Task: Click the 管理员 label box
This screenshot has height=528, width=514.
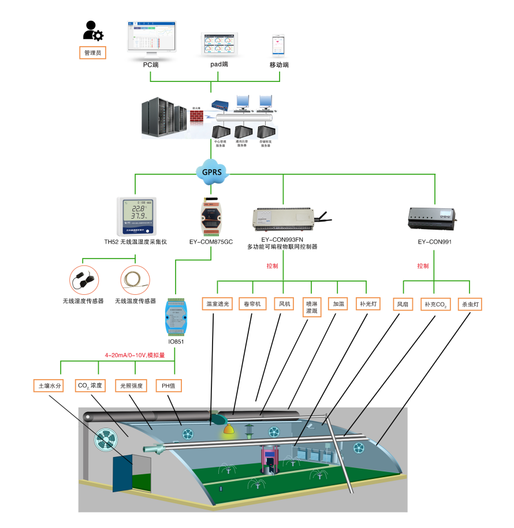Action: click(x=92, y=53)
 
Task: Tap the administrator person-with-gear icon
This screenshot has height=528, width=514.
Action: click(x=93, y=31)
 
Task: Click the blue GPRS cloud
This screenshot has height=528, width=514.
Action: click(x=211, y=171)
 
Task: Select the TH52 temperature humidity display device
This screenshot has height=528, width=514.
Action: click(x=136, y=215)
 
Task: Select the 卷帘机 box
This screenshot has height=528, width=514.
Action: click(x=252, y=304)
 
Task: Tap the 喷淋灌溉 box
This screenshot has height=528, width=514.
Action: click(x=311, y=307)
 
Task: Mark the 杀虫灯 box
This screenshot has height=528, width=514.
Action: click(x=470, y=304)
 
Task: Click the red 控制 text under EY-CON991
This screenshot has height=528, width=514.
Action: click(x=423, y=266)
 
